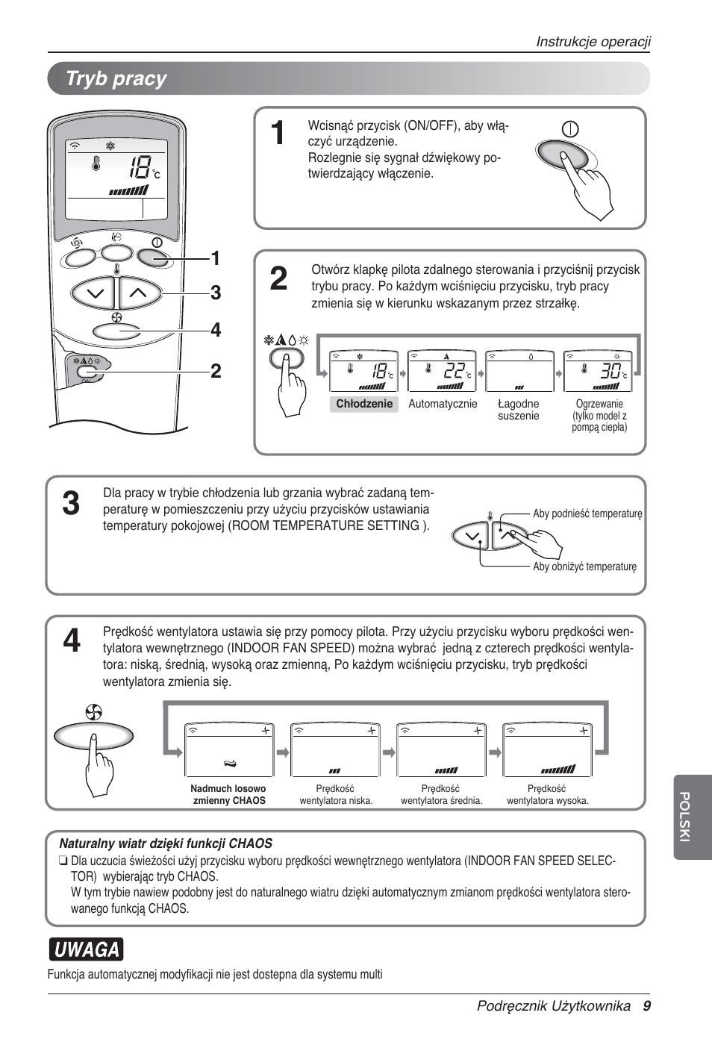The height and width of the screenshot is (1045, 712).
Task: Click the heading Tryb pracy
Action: coord(116,79)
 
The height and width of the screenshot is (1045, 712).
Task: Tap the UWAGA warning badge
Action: coord(86,949)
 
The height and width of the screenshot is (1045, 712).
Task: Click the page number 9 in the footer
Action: coord(646,1006)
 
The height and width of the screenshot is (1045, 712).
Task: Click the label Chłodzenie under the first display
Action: coord(364,404)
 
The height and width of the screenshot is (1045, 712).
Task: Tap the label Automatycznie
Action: coord(443,404)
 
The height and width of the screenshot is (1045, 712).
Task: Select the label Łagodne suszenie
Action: coord(518,410)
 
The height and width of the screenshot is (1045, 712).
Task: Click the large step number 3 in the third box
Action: coord(71,505)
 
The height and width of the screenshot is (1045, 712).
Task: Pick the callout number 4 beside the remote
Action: coord(216,330)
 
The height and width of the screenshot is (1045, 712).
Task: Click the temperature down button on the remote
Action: coord(94,293)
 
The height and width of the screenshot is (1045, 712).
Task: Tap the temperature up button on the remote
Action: coord(140,293)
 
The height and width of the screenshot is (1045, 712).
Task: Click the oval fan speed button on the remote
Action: coord(116,331)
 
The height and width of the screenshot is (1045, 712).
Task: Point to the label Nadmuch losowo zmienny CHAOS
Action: coord(228,794)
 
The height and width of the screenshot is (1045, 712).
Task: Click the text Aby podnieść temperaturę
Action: coord(587,514)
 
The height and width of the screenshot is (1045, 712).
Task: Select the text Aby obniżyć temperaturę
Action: coord(584,567)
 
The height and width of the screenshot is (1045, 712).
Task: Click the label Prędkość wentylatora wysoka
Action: coord(547,794)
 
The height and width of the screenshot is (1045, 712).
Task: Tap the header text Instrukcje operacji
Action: coord(593,42)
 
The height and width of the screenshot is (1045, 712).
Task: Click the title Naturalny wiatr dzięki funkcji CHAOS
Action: coord(166,843)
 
